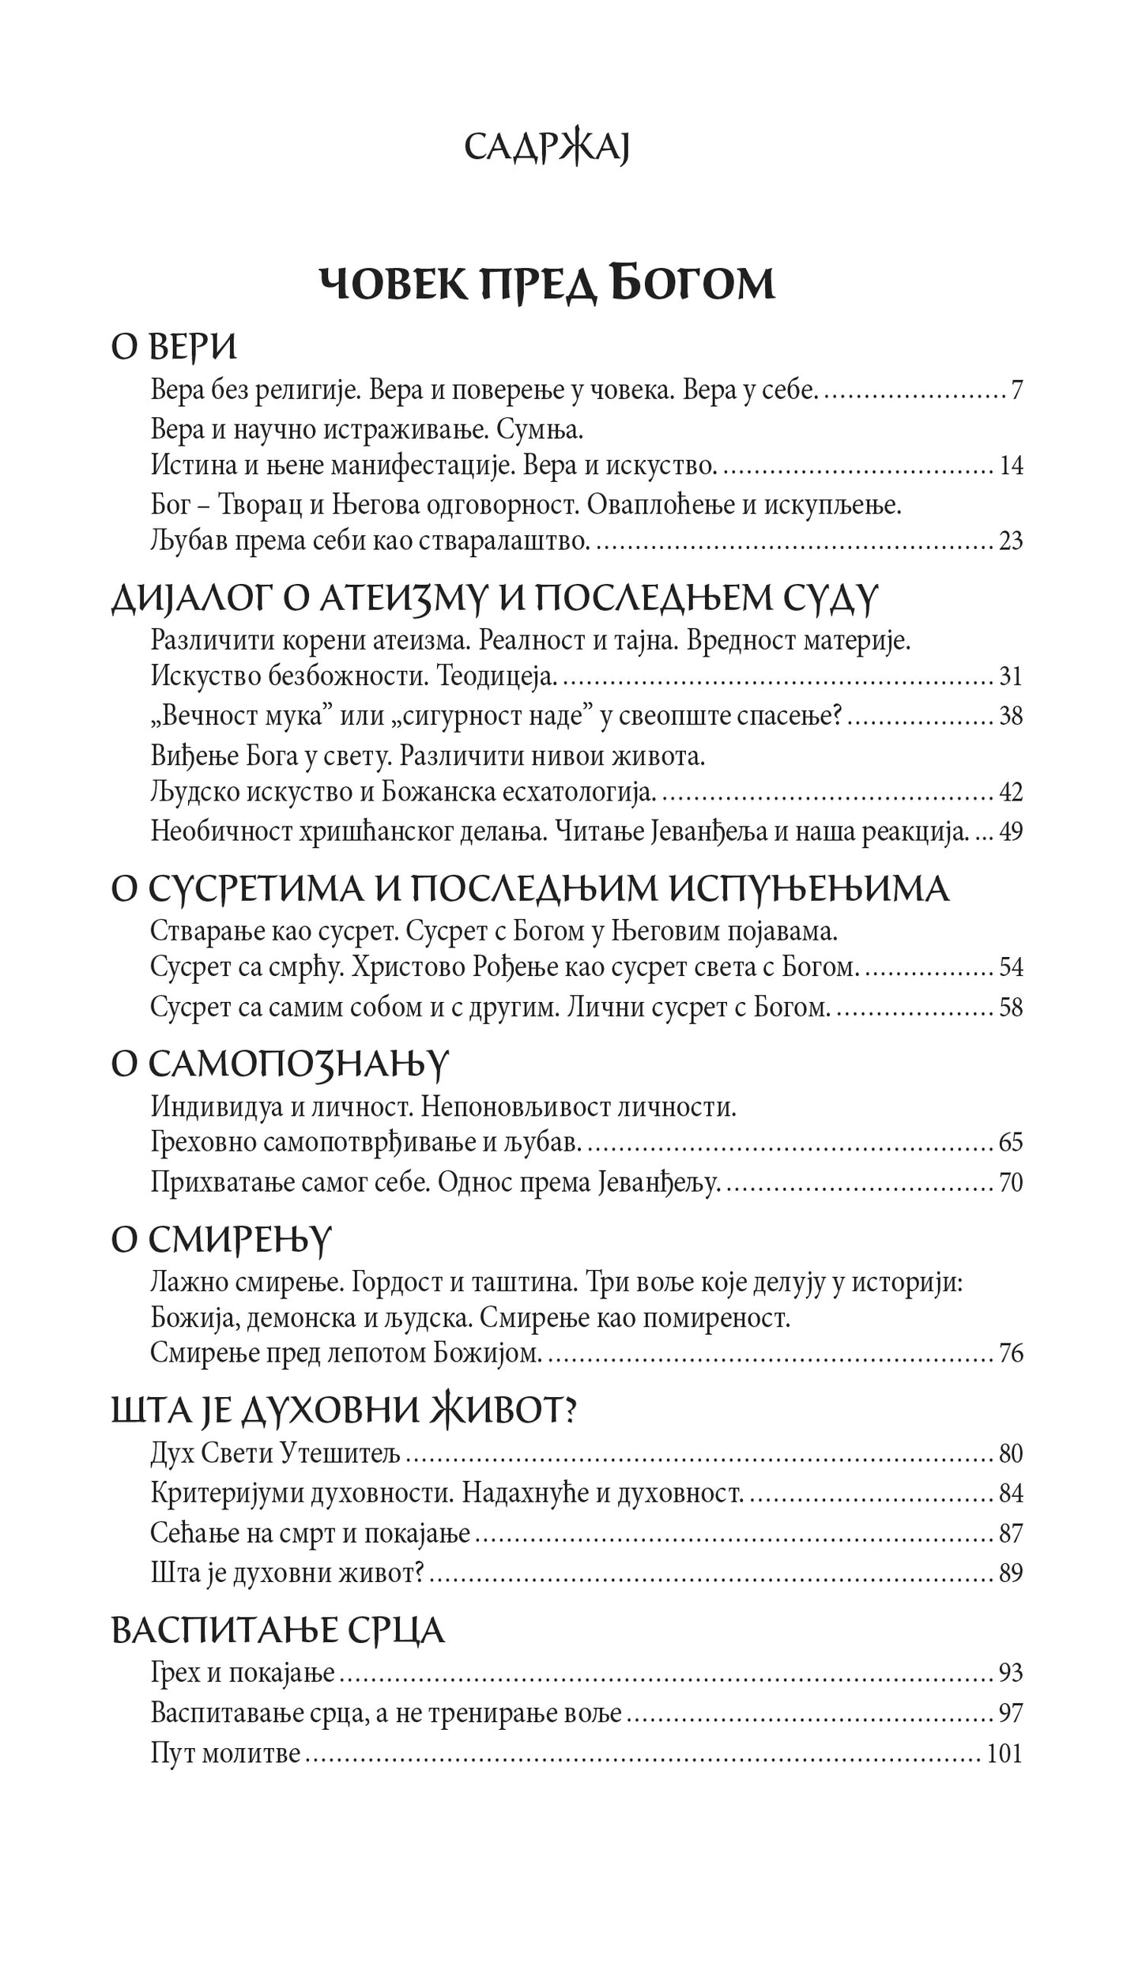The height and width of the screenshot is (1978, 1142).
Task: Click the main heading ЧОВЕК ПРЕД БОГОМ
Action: pyautogui.click(x=546, y=284)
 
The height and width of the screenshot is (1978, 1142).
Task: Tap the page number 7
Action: pyautogui.click(x=1016, y=390)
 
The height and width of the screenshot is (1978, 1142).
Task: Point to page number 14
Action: pyautogui.click(x=1011, y=466)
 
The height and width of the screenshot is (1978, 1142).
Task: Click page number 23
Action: pyautogui.click(x=1011, y=541)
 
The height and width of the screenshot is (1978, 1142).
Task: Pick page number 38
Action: pyautogui.click(x=1011, y=716)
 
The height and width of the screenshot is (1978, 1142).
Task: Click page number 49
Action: pyautogui.click(x=1011, y=831)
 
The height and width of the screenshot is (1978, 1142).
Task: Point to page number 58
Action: pyautogui.click(x=1011, y=1008)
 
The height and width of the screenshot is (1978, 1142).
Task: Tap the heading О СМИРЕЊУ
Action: pyautogui.click(x=220, y=1241)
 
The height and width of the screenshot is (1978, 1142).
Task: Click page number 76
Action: pyautogui.click(x=1011, y=1354)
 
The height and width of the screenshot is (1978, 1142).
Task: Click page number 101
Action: pyautogui.click(x=1005, y=1754)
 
